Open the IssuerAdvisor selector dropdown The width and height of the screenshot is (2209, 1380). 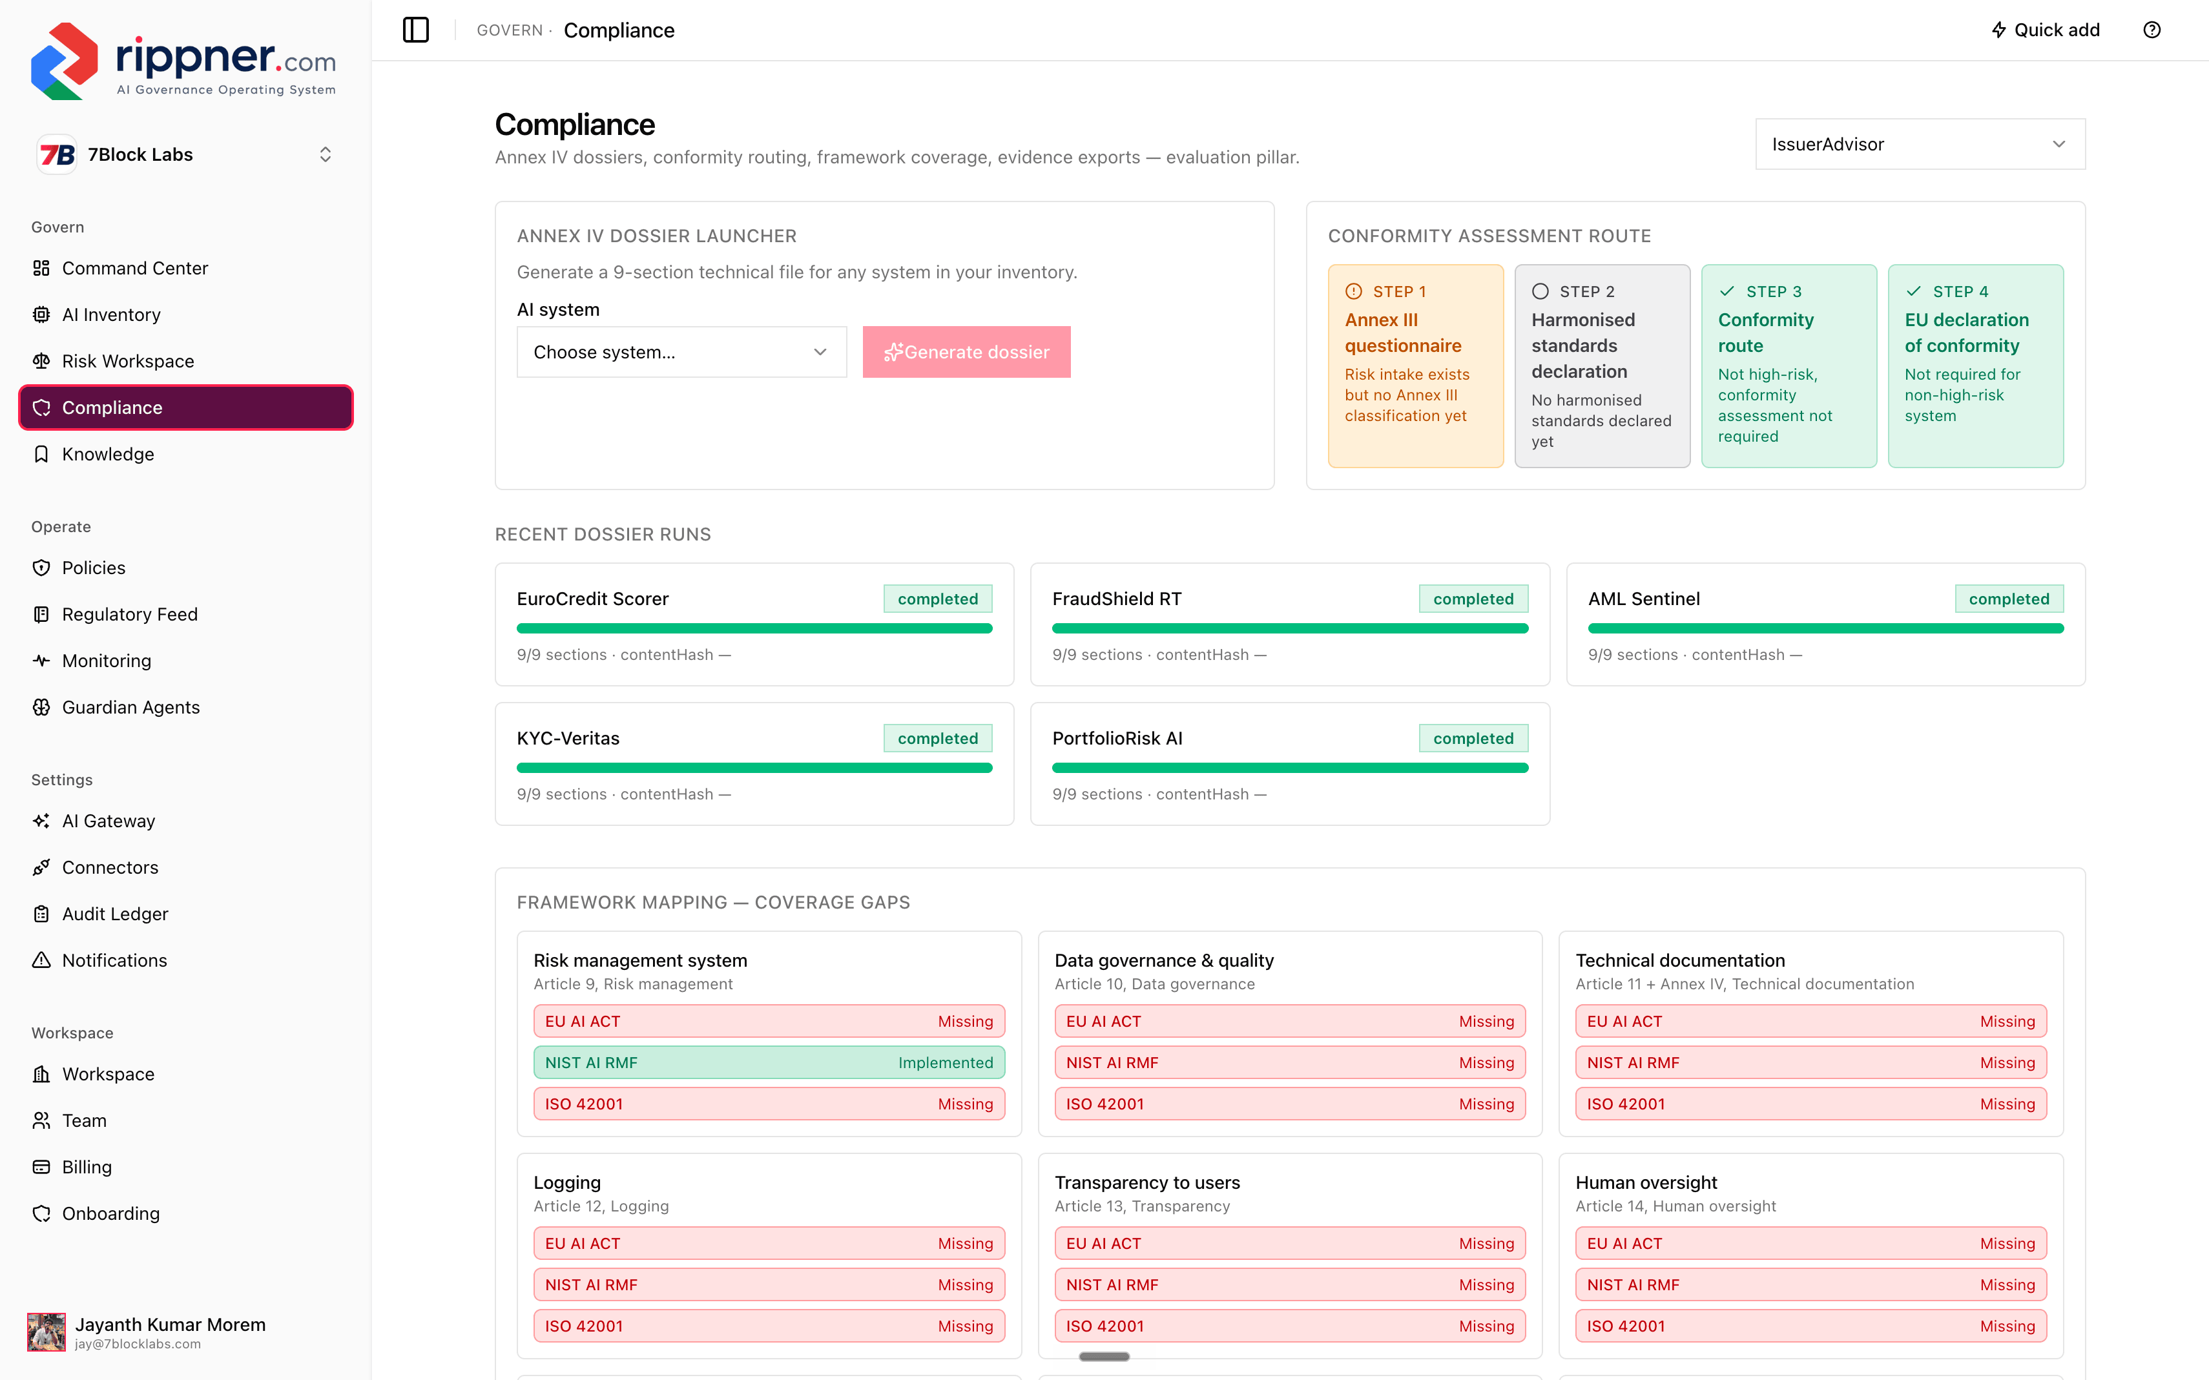[x=1920, y=144]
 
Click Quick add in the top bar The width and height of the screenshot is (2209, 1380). [x=2045, y=30]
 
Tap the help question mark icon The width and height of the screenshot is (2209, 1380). [x=2152, y=30]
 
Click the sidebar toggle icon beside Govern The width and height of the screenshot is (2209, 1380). [x=415, y=30]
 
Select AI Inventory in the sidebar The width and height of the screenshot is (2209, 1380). [x=110, y=315]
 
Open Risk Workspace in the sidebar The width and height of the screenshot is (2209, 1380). [x=128, y=362]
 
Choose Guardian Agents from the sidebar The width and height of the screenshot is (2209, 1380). [x=130, y=707]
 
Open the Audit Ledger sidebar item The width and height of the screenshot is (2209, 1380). [x=115, y=914]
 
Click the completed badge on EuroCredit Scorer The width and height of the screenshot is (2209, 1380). [x=937, y=599]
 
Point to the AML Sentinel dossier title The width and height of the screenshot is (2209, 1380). [x=1643, y=599]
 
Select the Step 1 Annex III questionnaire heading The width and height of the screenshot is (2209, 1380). [x=1403, y=332]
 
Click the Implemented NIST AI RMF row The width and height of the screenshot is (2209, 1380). [x=769, y=1062]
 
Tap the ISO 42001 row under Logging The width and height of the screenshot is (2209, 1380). [x=769, y=1326]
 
